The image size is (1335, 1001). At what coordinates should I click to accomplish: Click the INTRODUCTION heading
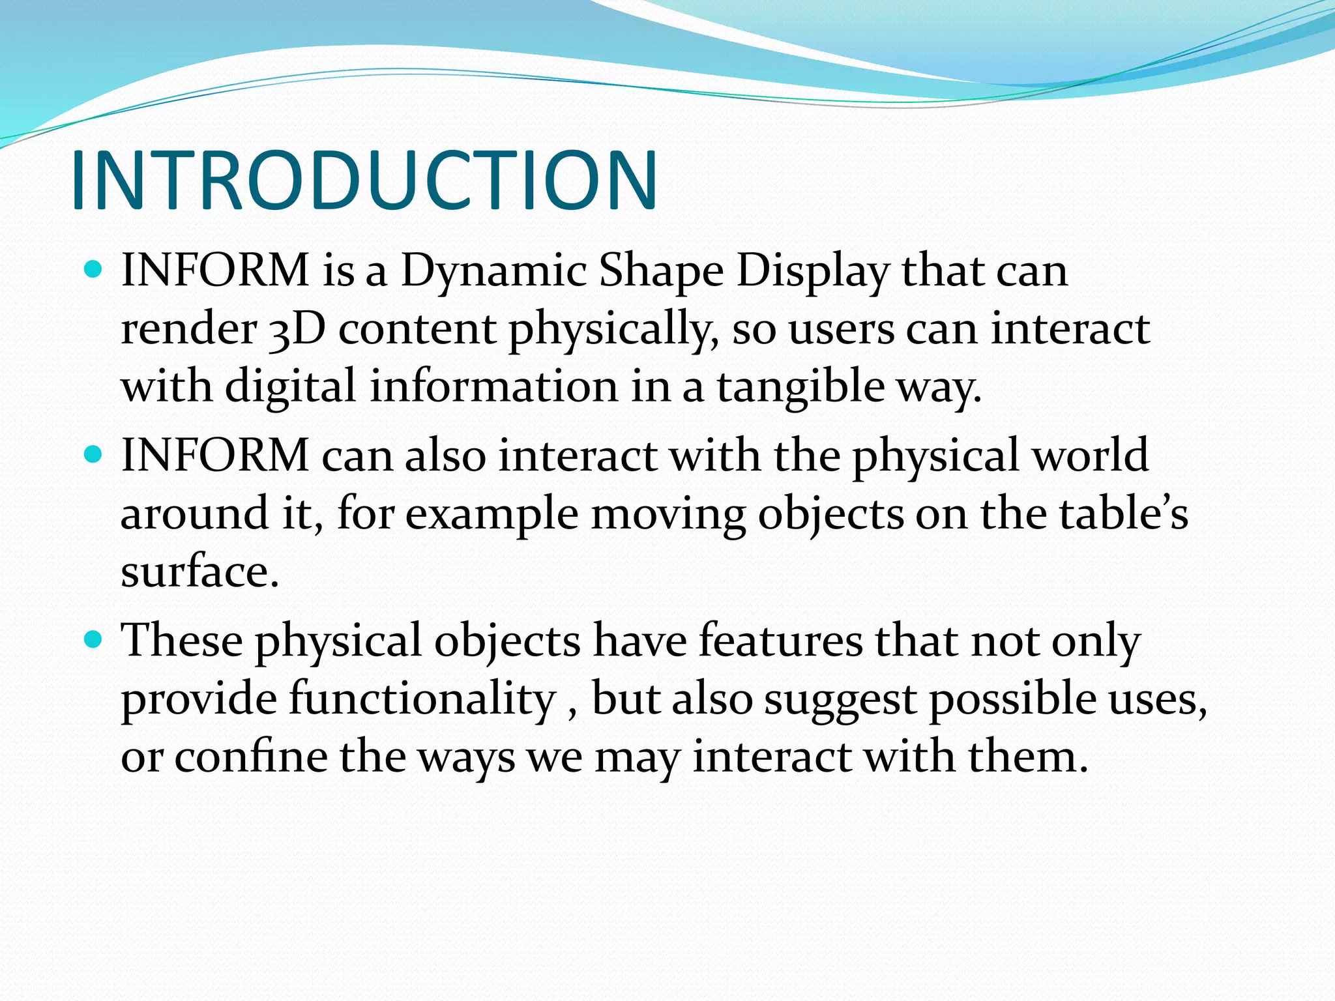pyautogui.click(x=364, y=181)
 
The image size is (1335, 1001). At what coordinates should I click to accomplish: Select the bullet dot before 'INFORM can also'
pyautogui.click(x=94, y=454)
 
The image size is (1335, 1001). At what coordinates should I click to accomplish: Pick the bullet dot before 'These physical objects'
pyautogui.click(x=94, y=639)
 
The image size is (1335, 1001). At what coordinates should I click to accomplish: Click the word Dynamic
pyautogui.click(x=493, y=270)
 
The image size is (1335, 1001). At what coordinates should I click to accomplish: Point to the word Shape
pyautogui.click(x=661, y=270)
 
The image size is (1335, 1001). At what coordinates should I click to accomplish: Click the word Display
pyautogui.click(x=812, y=270)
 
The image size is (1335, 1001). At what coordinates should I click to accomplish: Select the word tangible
pyautogui.click(x=800, y=386)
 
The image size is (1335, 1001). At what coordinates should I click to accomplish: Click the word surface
pyautogui.click(x=199, y=571)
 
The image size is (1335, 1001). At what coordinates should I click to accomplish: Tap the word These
pyautogui.click(x=182, y=641)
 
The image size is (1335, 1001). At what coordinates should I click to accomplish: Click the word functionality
pyautogui.click(x=422, y=699)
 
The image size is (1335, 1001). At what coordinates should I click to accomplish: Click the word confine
pyautogui.click(x=251, y=757)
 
